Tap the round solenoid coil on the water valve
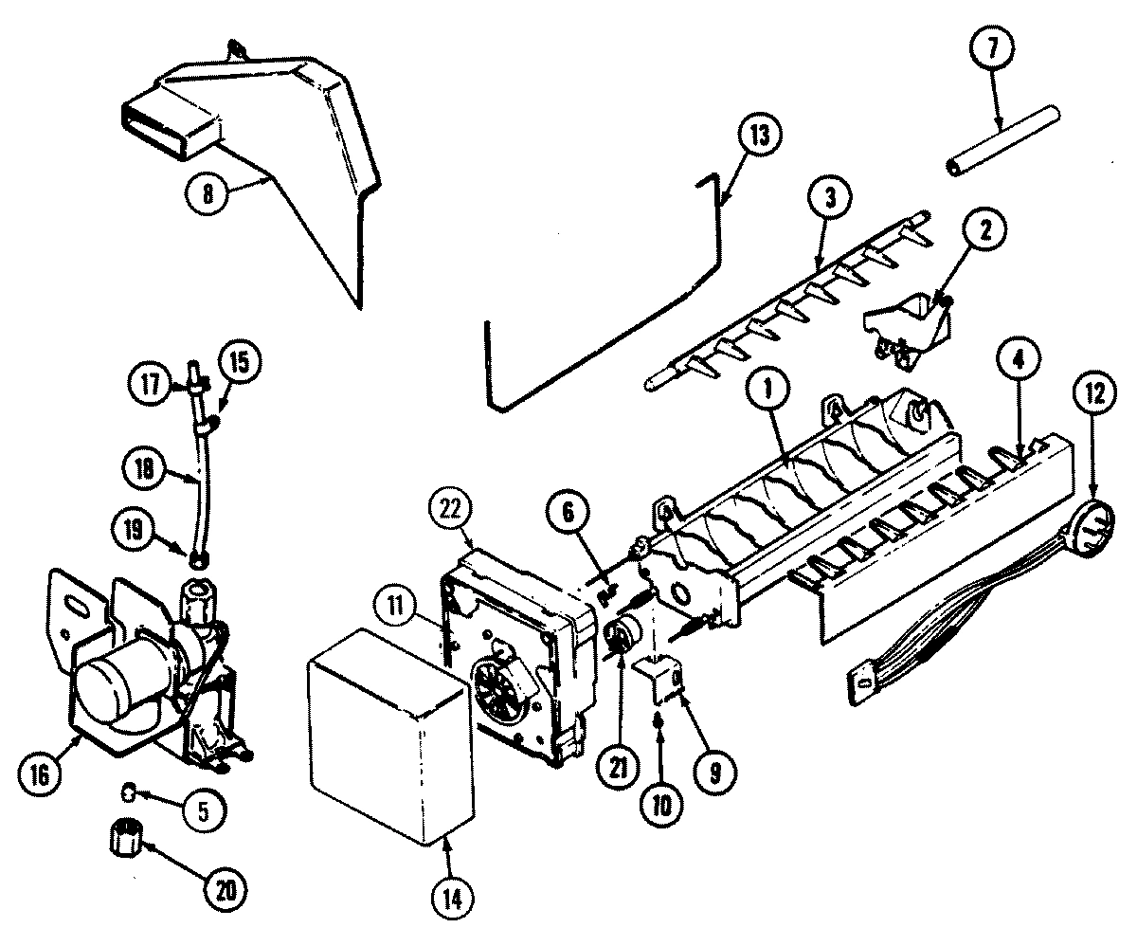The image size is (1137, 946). [x=112, y=686]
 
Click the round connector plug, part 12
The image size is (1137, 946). [x=1096, y=525]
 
